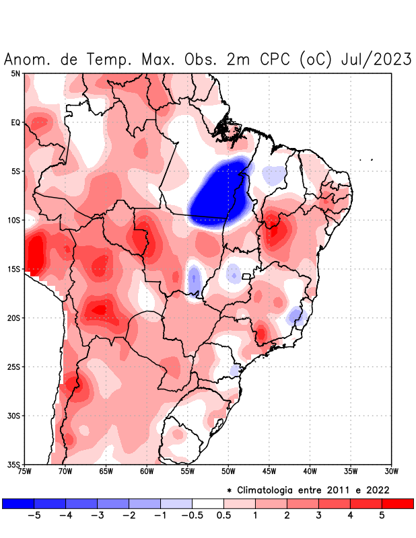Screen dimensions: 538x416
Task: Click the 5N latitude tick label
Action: [x=15, y=73]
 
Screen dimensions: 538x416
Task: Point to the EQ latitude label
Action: [x=15, y=122]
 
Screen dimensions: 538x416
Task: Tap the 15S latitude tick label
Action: [x=14, y=269]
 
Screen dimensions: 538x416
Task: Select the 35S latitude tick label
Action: [x=14, y=464]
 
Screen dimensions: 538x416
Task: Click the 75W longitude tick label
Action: [x=25, y=471]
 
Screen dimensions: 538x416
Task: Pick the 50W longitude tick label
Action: [x=228, y=471]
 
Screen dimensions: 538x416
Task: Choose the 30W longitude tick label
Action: [x=391, y=471]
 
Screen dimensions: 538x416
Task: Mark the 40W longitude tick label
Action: [x=310, y=471]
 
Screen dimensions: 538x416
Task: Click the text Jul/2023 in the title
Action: [x=377, y=59]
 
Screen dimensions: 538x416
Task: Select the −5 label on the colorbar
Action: [x=34, y=516]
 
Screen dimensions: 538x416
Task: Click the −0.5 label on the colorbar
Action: [x=192, y=516]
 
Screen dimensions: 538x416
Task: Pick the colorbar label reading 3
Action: [x=318, y=516]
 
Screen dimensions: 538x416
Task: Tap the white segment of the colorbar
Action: [x=207, y=503]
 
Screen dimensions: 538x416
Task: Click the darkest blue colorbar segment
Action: [x=18, y=503]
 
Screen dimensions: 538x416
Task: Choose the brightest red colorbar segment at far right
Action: [x=397, y=503]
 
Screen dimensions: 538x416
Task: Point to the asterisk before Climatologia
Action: [x=230, y=490]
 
